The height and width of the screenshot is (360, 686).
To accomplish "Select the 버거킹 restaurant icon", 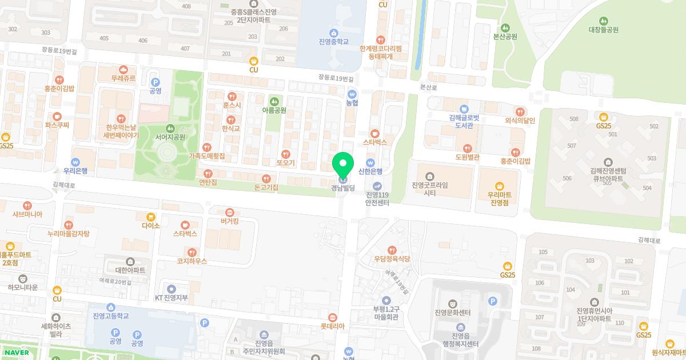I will point(230,213).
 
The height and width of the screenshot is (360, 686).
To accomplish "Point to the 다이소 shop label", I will point(151,226).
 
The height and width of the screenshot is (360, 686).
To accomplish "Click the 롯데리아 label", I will point(332,326).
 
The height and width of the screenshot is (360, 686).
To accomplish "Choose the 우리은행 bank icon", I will point(75,162).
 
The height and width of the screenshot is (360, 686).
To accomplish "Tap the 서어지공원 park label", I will point(170,137).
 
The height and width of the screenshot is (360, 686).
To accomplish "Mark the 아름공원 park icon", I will point(274,102).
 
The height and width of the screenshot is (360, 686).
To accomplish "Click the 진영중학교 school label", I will point(333,42).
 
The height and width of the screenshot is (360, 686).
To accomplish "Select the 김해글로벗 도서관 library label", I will point(464,122).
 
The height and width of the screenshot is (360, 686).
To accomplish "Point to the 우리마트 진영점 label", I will point(499,198).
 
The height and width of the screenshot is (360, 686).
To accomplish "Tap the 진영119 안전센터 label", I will point(377,198).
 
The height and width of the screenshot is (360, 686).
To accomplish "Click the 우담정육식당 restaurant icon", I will point(392,250).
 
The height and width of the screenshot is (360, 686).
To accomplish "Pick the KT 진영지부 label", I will point(171,298).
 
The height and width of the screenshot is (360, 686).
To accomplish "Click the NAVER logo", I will point(17,353).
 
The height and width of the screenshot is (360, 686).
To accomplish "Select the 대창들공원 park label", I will point(603,30).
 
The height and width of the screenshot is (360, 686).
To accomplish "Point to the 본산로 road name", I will point(428,87).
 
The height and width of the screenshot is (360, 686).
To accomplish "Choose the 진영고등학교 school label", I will point(110,316).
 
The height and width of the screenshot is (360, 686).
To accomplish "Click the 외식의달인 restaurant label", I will point(520,121).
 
